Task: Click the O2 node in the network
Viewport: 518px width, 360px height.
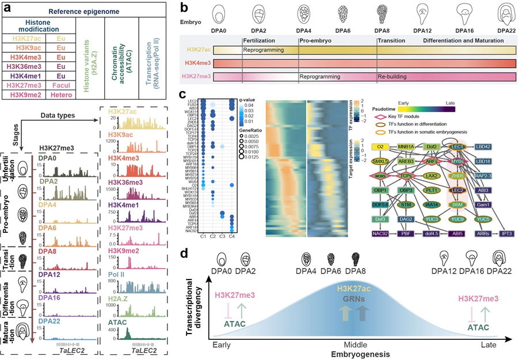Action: click(380, 147)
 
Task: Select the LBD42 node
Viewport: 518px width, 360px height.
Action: click(483, 147)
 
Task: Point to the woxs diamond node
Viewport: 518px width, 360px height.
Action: click(379, 175)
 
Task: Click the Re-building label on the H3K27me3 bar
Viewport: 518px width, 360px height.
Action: click(393, 76)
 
